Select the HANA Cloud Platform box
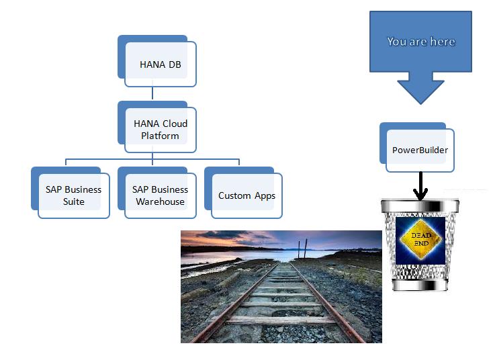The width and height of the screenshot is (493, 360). tap(160, 129)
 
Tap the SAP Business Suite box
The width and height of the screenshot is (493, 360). tap(73, 195)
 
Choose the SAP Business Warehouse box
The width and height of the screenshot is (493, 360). tap(160, 195)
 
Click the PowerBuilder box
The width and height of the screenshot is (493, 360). tap(420, 150)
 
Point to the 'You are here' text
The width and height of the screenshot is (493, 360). tap(421, 42)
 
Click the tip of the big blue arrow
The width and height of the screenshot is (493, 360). tap(420, 103)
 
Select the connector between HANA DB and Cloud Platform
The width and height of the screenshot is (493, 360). tap(152, 94)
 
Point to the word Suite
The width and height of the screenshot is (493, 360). tap(74, 201)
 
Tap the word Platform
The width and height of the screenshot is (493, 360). tap(160, 136)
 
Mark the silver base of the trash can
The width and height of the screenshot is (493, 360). tap(420, 286)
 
